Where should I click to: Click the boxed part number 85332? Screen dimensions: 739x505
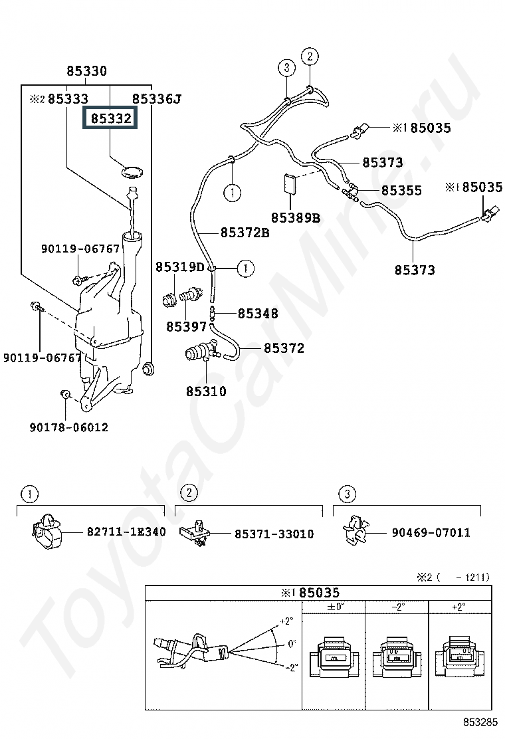(x=110, y=118)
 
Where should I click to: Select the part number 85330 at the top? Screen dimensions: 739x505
(x=86, y=71)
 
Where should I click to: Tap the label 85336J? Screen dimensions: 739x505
(x=156, y=99)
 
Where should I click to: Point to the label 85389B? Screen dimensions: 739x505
(x=296, y=217)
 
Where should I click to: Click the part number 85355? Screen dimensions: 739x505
(x=401, y=191)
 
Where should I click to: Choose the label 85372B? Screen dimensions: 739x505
(x=245, y=233)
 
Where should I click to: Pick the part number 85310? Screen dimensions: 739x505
(x=206, y=391)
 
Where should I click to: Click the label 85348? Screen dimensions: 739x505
(x=258, y=314)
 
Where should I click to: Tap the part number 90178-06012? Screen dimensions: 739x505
(x=69, y=427)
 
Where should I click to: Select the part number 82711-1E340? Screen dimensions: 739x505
(x=126, y=532)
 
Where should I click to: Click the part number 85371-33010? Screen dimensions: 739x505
(x=274, y=534)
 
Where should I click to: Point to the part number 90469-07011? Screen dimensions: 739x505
(x=431, y=532)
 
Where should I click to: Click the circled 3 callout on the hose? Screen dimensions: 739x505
(x=286, y=68)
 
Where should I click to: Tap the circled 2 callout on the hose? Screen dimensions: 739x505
(x=310, y=56)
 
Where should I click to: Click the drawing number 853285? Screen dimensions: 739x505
(x=480, y=722)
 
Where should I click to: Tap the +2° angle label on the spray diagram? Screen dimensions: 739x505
(x=286, y=621)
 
